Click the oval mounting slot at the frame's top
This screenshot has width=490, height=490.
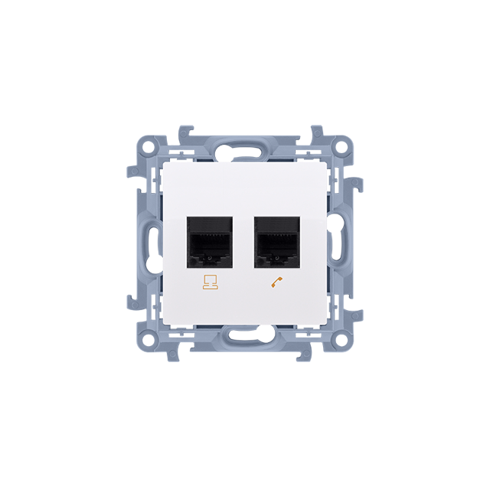coord(244,146)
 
